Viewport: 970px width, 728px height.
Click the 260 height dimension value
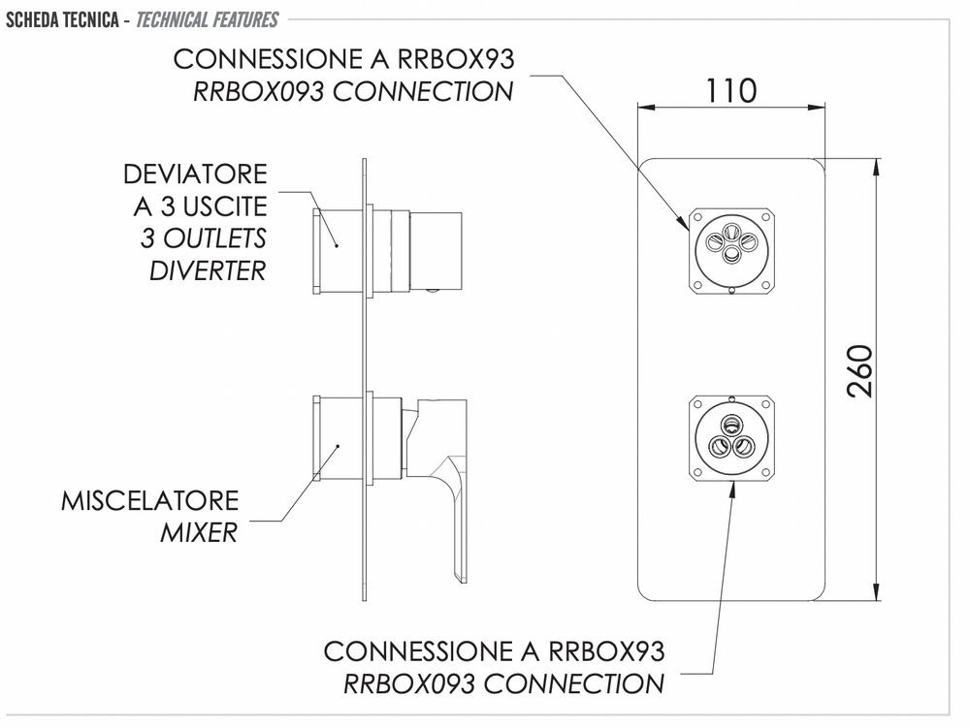[x=860, y=370]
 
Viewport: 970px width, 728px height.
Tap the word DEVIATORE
[x=195, y=174]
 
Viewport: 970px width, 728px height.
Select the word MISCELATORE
[x=149, y=501]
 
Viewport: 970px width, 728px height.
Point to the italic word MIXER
[x=199, y=532]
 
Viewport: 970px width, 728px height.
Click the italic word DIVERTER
[x=207, y=269]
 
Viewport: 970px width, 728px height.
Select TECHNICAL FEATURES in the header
[x=208, y=19]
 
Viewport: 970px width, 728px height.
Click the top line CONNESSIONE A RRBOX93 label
[x=343, y=59]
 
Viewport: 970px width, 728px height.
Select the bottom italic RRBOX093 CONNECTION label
[x=503, y=682]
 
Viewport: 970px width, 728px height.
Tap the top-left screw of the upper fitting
[x=695, y=213]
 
